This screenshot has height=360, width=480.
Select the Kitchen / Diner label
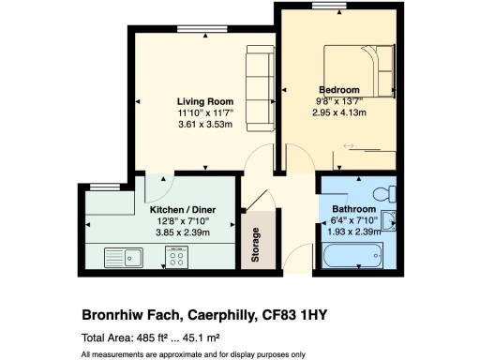(x=180, y=210)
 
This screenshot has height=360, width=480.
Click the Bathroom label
(x=354, y=209)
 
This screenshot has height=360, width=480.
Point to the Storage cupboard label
(x=255, y=245)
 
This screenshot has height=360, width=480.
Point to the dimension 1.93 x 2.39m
(x=354, y=232)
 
